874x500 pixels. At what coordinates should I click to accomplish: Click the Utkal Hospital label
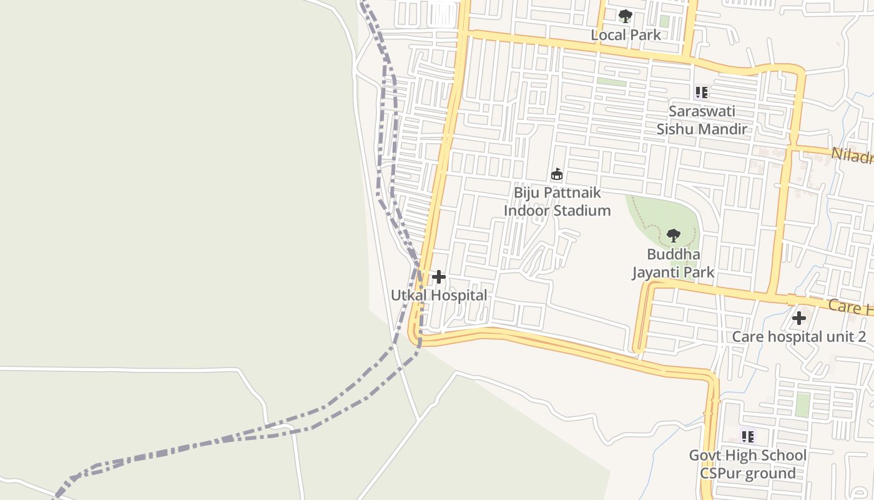pos(439,295)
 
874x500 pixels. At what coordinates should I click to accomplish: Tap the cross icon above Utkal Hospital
pos(439,276)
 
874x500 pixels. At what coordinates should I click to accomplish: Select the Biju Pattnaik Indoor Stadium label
pos(557,201)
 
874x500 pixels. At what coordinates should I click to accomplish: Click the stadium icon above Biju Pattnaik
pos(557,174)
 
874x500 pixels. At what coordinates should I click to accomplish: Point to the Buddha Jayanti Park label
pos(673,264)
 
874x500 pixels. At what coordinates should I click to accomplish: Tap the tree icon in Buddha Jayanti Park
pos(673,236)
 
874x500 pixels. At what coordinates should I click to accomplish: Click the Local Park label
pos(626,35)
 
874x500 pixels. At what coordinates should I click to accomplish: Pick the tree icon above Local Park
pos(625,16)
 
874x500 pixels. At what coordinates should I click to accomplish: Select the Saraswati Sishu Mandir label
pos(702,120)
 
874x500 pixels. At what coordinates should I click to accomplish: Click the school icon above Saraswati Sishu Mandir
pos(702,92)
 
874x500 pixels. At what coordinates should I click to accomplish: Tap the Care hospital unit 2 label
pos(798,337)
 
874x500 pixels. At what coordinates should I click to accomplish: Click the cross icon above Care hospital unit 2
pos(798,318)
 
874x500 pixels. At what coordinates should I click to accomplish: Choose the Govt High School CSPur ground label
pos(747,464)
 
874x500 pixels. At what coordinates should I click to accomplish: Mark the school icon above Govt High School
pos(747,436)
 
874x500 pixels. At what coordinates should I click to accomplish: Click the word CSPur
pos(723,473)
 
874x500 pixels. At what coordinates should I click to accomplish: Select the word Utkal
pos(408,295)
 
